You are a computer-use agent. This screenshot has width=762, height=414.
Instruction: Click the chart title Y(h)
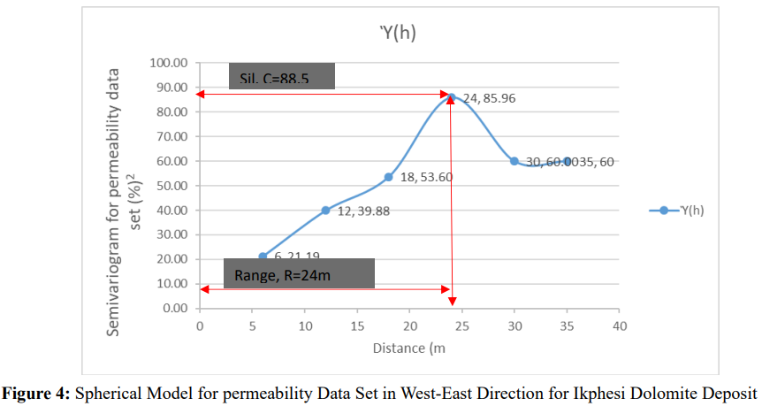pyautogui.click(x=398, y=34)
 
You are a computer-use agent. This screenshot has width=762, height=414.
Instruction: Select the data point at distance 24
pyautogui.click(x=451, y=97)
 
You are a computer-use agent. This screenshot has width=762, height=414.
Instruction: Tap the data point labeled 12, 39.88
pyautogui.click(x=325, y=210)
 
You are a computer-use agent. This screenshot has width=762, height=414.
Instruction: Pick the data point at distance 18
pyautogui.click(x=388, y=177)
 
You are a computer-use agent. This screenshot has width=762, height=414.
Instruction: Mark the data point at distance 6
pyautogui.click(x=263, y=257)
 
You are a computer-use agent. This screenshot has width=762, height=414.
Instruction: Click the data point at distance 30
pyautogui.click(x=514, y=161)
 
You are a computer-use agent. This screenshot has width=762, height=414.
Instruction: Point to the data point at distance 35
pyautogui.click(x=567, y=161)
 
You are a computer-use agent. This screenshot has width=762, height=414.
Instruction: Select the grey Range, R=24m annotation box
pyautogui.click(x=299, y=274)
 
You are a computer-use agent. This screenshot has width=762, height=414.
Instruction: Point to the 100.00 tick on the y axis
pyautogui.click(x=168, y=63)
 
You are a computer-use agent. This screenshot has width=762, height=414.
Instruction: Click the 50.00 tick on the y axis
pyautogui.click(x=170, y=186)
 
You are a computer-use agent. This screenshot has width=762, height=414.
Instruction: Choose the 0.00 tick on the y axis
pyautogui.click(x=173, y=309)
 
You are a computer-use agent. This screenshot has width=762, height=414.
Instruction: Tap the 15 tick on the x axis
pyautogui.click(x=357, y=326)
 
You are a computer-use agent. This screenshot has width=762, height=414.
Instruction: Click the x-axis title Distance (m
pyautogui.click(x=408, y=349)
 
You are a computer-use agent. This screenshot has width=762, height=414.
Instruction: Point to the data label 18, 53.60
pyautogui.click(x=426, y=177)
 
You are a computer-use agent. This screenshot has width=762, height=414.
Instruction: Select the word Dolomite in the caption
pyautogui.click(x=645, y=392)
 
